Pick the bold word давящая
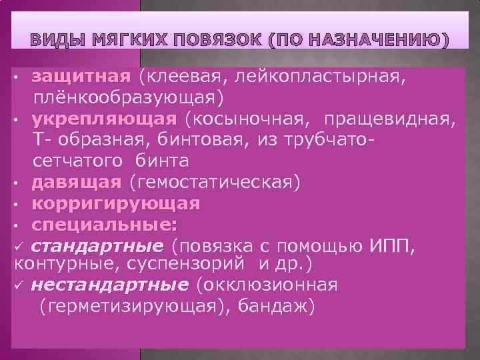pos(77,181)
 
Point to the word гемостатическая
pos(215,181)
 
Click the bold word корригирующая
pos(116,202)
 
